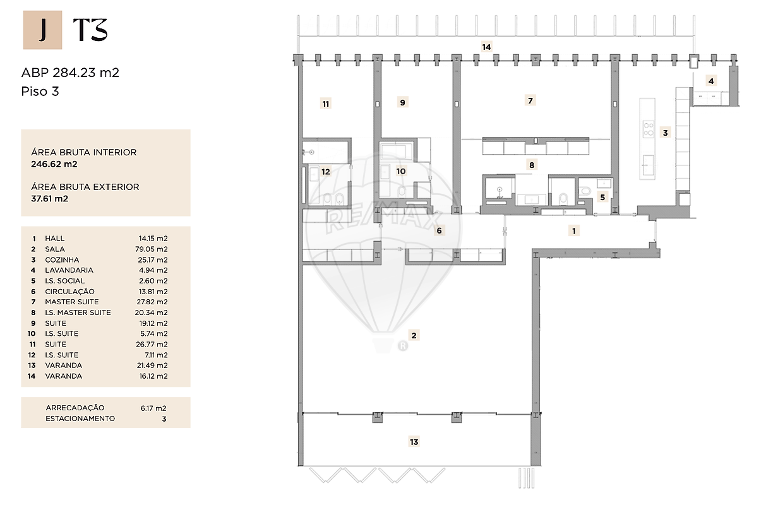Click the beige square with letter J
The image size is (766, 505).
[x=42, y=30]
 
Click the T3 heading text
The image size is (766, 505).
[x=90, y=30]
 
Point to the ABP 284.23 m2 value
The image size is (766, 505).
[x=70, y=73]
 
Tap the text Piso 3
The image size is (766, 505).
[x=40, y=92]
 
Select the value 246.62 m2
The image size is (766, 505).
[x=54, y=164]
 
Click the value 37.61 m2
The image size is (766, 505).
[x=50, y=199]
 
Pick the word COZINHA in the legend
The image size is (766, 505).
[x=62, y=260]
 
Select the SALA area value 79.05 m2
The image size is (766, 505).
[x=151, y=249]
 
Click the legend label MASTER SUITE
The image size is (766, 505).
[x=72, y=302]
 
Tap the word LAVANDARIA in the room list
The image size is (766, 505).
[x=69, y=270]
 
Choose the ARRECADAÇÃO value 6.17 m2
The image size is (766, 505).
[x=153, y=408]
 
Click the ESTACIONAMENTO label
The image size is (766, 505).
[x=80, y=419]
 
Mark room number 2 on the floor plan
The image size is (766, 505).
[x=414, y=335]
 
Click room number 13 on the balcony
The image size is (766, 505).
[x=414, y=442]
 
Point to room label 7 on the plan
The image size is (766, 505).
[x=530, y=100]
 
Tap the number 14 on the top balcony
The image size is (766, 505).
[x=486, y=47]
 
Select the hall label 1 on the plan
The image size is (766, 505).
[x=574, y=231]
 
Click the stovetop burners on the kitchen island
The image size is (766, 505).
[x=649, y=129]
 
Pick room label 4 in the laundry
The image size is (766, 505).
[x=711, y=81]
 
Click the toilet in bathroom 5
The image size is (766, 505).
[x=585, y=191]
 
